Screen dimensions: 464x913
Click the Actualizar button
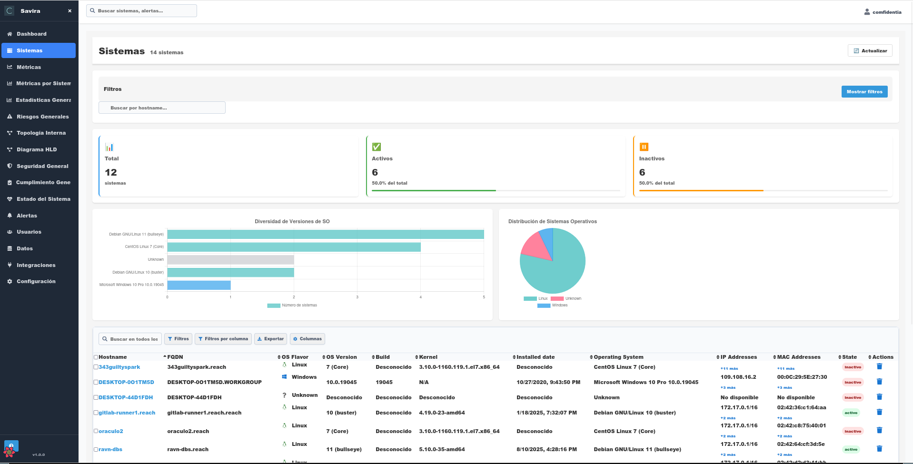tap(870, 50)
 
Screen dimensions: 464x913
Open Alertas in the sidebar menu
tap(27, 216)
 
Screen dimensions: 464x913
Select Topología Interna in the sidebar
tap(41, 133)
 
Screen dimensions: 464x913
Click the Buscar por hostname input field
tap(162, 108)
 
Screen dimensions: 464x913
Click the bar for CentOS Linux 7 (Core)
tap(294, 247)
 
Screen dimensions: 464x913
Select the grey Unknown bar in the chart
tap(230, 260)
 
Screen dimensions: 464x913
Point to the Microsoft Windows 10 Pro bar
tap(199, 285)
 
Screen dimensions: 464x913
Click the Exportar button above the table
tap(270, 339)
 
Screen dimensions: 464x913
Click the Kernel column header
tap(428, 357)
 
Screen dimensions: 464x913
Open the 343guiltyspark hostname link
tap(119, 367)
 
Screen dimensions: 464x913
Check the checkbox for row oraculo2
tap(96, 431)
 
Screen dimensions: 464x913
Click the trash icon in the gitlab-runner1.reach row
tap(879, 412)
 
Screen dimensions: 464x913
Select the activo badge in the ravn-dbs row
tap(851, 449)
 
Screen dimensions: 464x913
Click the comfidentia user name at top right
tap(886, 12)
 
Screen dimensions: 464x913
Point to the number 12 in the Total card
tap(111, 172)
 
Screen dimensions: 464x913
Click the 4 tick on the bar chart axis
tap(420, 297)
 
